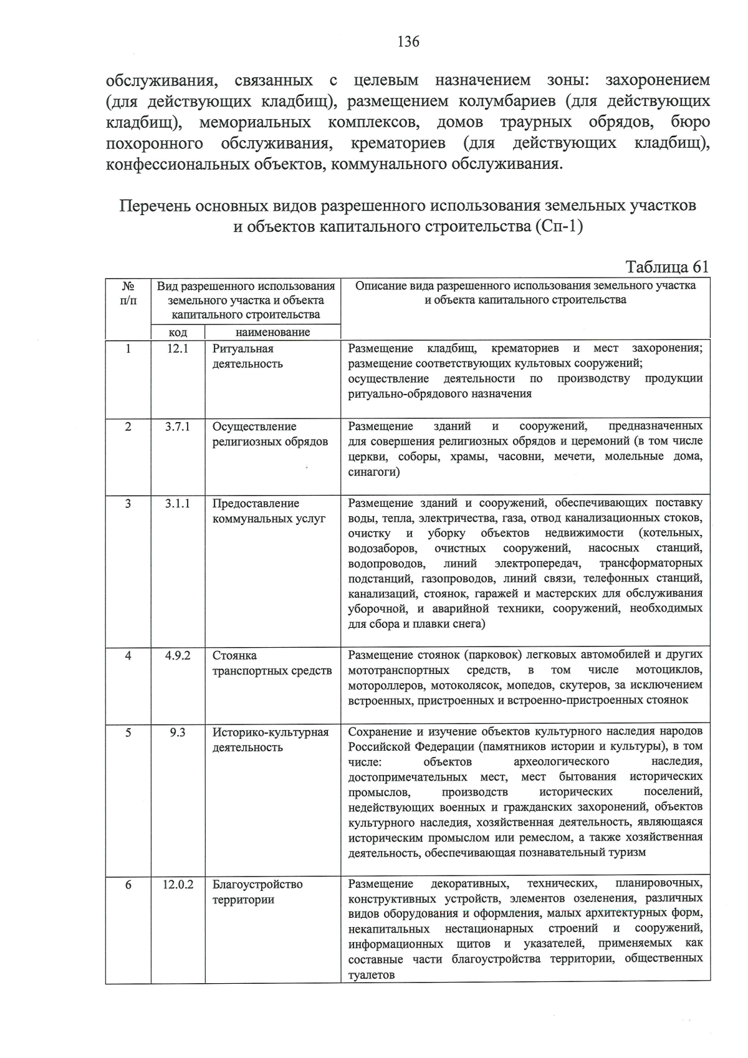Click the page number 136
[x=408, y=42]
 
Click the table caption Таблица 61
[x=667, y=267]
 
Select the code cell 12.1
[x=178, y=349]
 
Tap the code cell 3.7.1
[x=178, y=427]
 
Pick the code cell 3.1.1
[x=178, y=504]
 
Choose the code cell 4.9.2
[x=178, y=656]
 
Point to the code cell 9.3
[x=178, y=733]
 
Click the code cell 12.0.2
[x=178, y=885]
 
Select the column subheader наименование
[x=272, y=332]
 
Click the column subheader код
[x=178, y=332]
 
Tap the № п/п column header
[x=128, y=294]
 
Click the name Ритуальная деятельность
[x=247, y=357]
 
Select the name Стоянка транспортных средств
[x=272, y=663]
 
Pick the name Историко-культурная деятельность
[x=270, y=740]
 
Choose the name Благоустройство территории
[x=257, y=892]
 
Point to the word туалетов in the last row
[x=372, y=975]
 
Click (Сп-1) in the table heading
[x=558, y=226]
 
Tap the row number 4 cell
[x=128, y=656]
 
